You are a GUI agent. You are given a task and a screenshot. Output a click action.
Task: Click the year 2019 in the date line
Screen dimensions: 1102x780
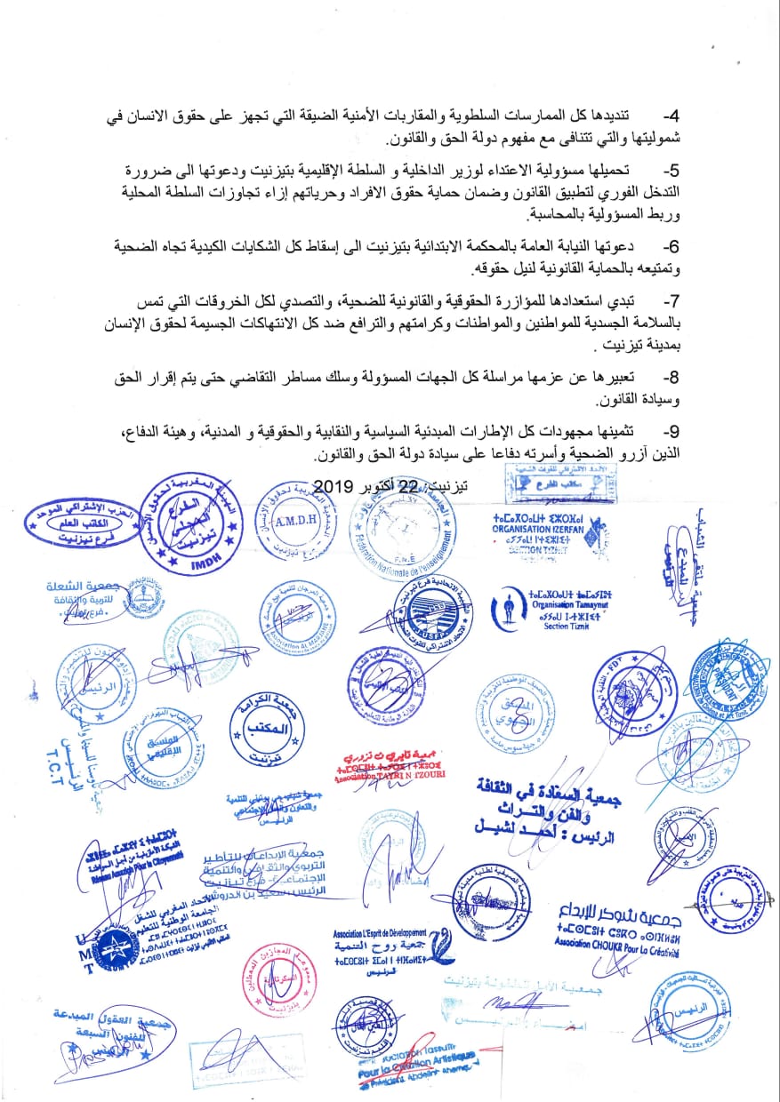point(334,486)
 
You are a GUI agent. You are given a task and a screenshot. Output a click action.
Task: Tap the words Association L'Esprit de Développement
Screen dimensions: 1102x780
point(379,933)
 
